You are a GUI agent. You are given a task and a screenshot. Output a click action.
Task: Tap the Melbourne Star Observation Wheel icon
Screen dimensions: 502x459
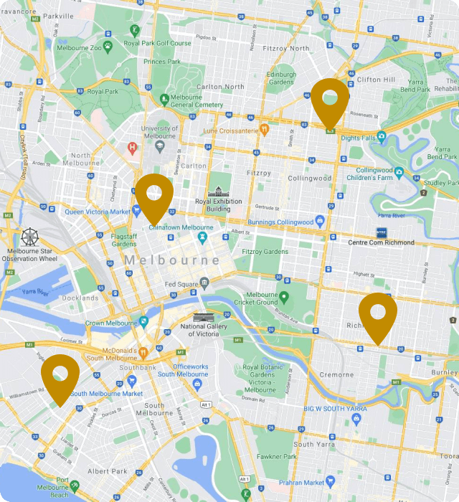click(30, 237)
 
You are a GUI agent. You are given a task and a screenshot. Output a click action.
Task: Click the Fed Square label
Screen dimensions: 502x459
click(181, 283)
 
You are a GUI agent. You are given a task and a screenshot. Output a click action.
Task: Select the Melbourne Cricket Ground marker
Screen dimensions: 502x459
click(284, 296)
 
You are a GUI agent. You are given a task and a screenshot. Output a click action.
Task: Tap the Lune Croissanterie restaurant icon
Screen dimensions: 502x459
click(264, 130)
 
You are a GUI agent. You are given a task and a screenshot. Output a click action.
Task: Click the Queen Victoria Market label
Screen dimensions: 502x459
click(98, 212)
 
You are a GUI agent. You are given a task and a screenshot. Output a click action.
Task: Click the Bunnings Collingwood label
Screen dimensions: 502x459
click(281, 222)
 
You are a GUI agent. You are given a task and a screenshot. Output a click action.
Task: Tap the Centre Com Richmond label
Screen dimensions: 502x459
click(381, 242)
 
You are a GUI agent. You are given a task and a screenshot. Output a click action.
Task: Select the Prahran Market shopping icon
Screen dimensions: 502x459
click(330, 481)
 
